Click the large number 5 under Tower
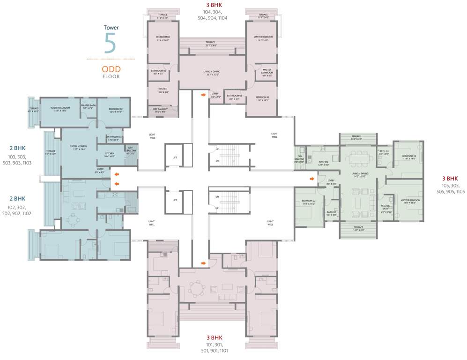(110, 43)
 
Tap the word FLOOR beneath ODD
(111, 76)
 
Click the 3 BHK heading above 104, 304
(213, 5)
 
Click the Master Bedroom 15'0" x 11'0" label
(60, 109)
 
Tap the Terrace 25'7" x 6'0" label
(212, 44)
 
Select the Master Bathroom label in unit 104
(267, 72)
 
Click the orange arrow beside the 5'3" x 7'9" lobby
(203, 95)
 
